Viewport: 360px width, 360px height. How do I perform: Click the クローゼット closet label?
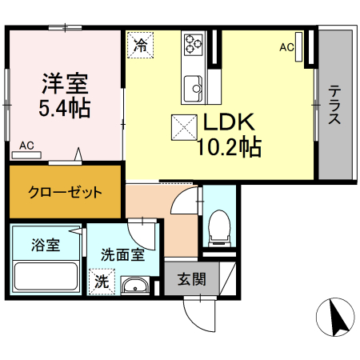click(65, 192)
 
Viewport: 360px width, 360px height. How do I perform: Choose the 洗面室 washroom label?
click(122, 255)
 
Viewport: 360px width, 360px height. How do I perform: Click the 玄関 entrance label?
click(192, 279)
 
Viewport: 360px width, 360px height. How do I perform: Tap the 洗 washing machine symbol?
click(102, 282)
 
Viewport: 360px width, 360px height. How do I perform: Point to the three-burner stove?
click(194, 43)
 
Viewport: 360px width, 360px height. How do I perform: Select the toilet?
click(218, 228)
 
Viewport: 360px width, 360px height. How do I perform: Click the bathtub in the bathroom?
click(46, 277)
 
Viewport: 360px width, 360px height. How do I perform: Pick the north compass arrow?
click(336, 318)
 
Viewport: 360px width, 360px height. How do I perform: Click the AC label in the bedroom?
click(27, 146)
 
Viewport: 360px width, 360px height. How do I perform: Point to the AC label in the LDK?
click(286, 47)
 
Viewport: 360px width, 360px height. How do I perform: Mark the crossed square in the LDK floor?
click(185, 126)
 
